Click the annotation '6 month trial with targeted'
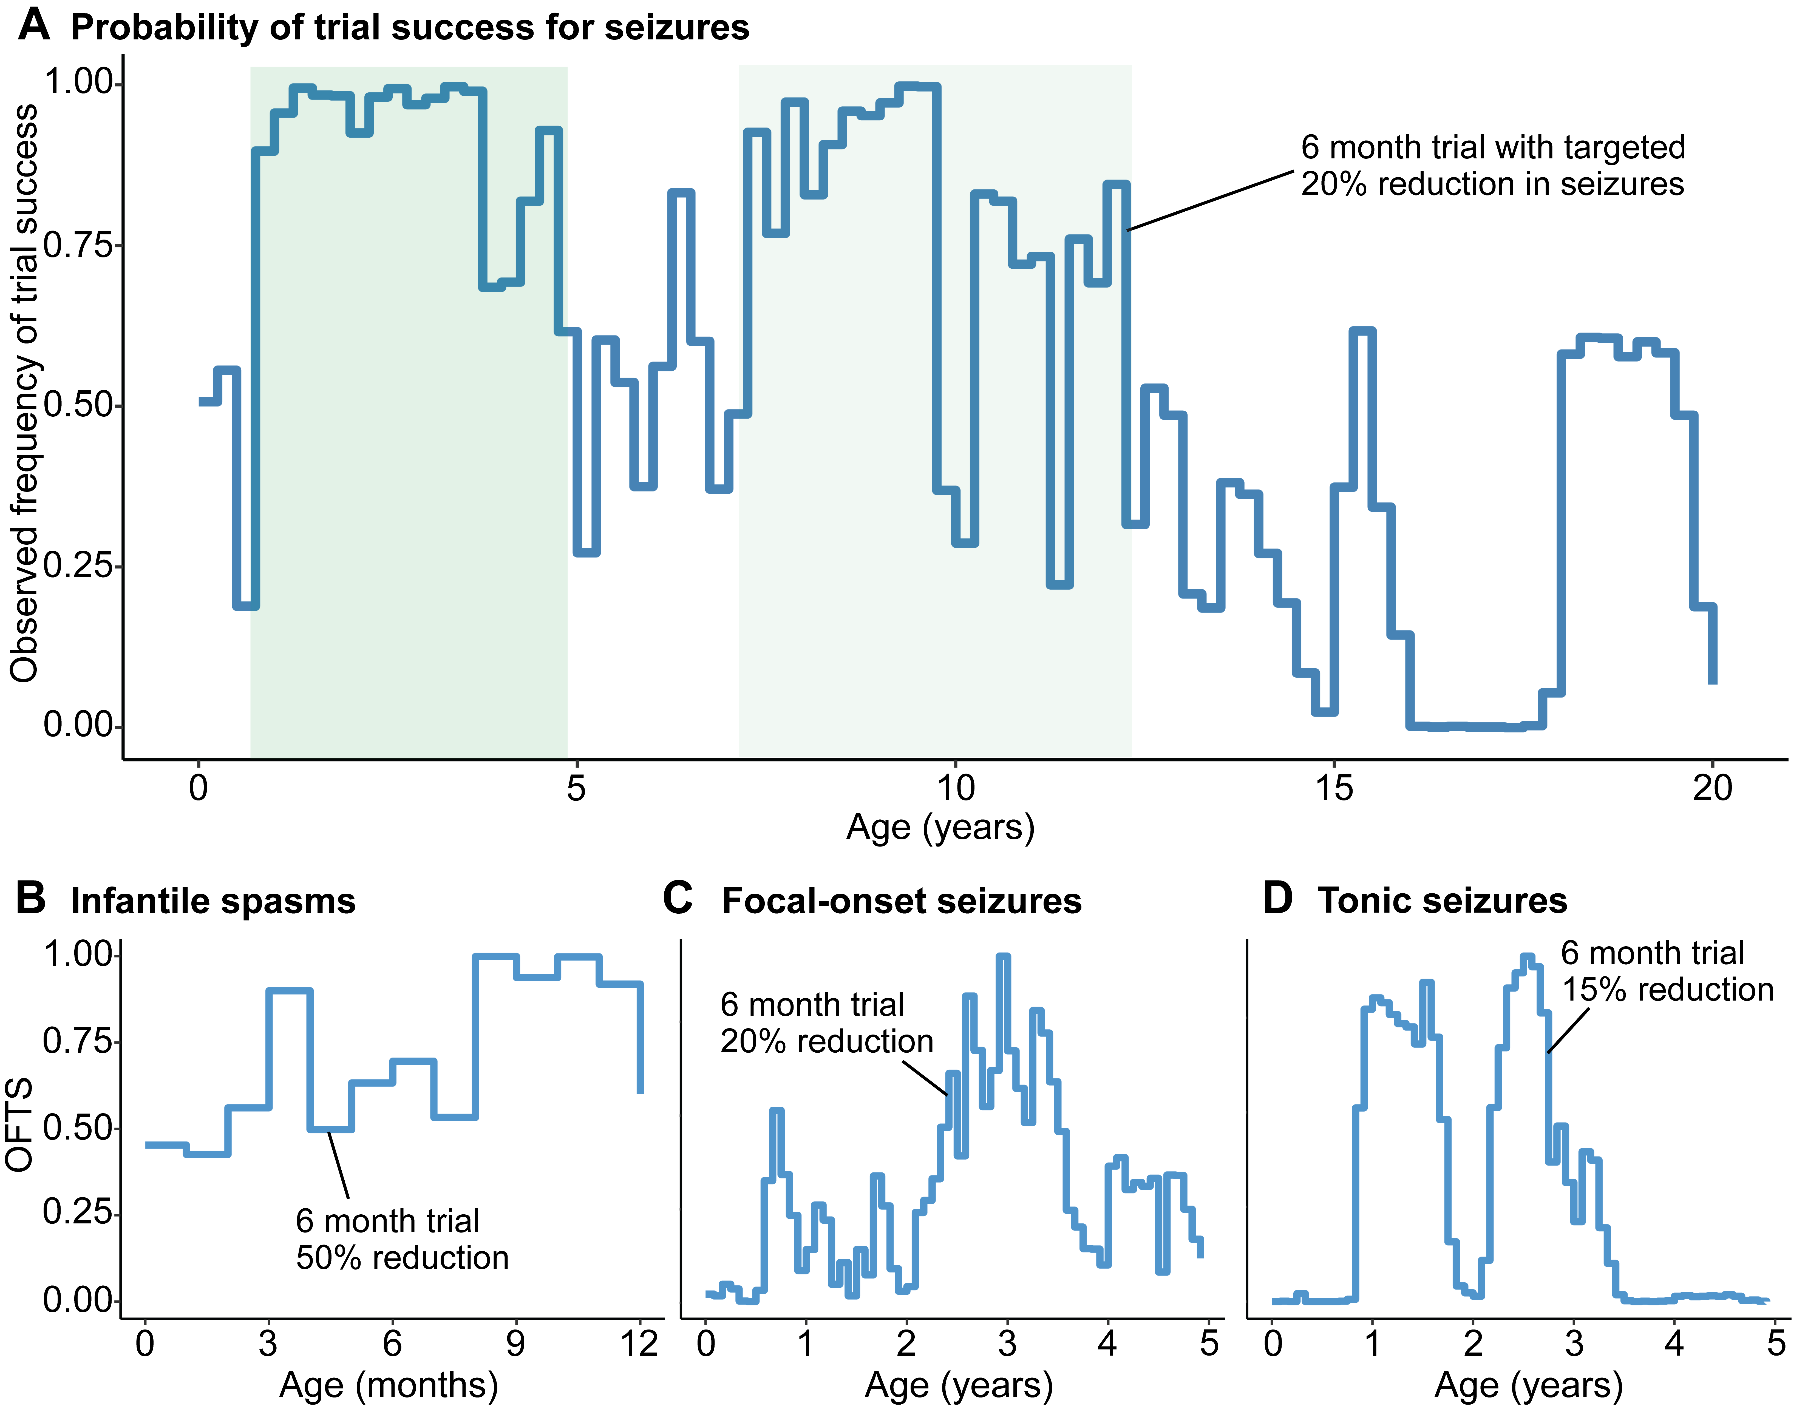(1493, 148)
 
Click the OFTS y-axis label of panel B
(20, 1124)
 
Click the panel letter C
(678, 898)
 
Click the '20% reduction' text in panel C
(826, 1041)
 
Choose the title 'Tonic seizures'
(1442, 901)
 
